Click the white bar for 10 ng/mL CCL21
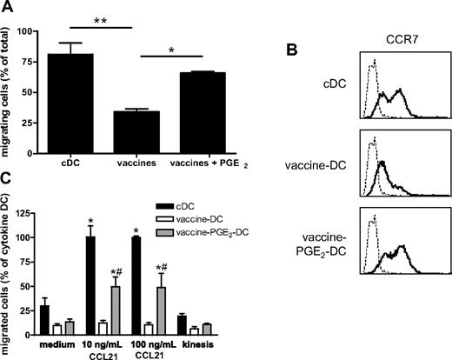tap(110, 327)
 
